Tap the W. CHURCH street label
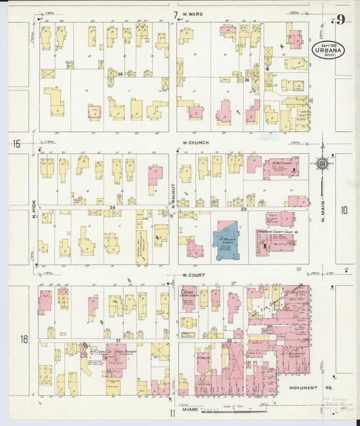[196, 143]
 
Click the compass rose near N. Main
[323, 163]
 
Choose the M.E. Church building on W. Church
[280, 167]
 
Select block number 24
[113, 207]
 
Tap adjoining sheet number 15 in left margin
[16, 143]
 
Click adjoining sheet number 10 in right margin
[344, 211]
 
